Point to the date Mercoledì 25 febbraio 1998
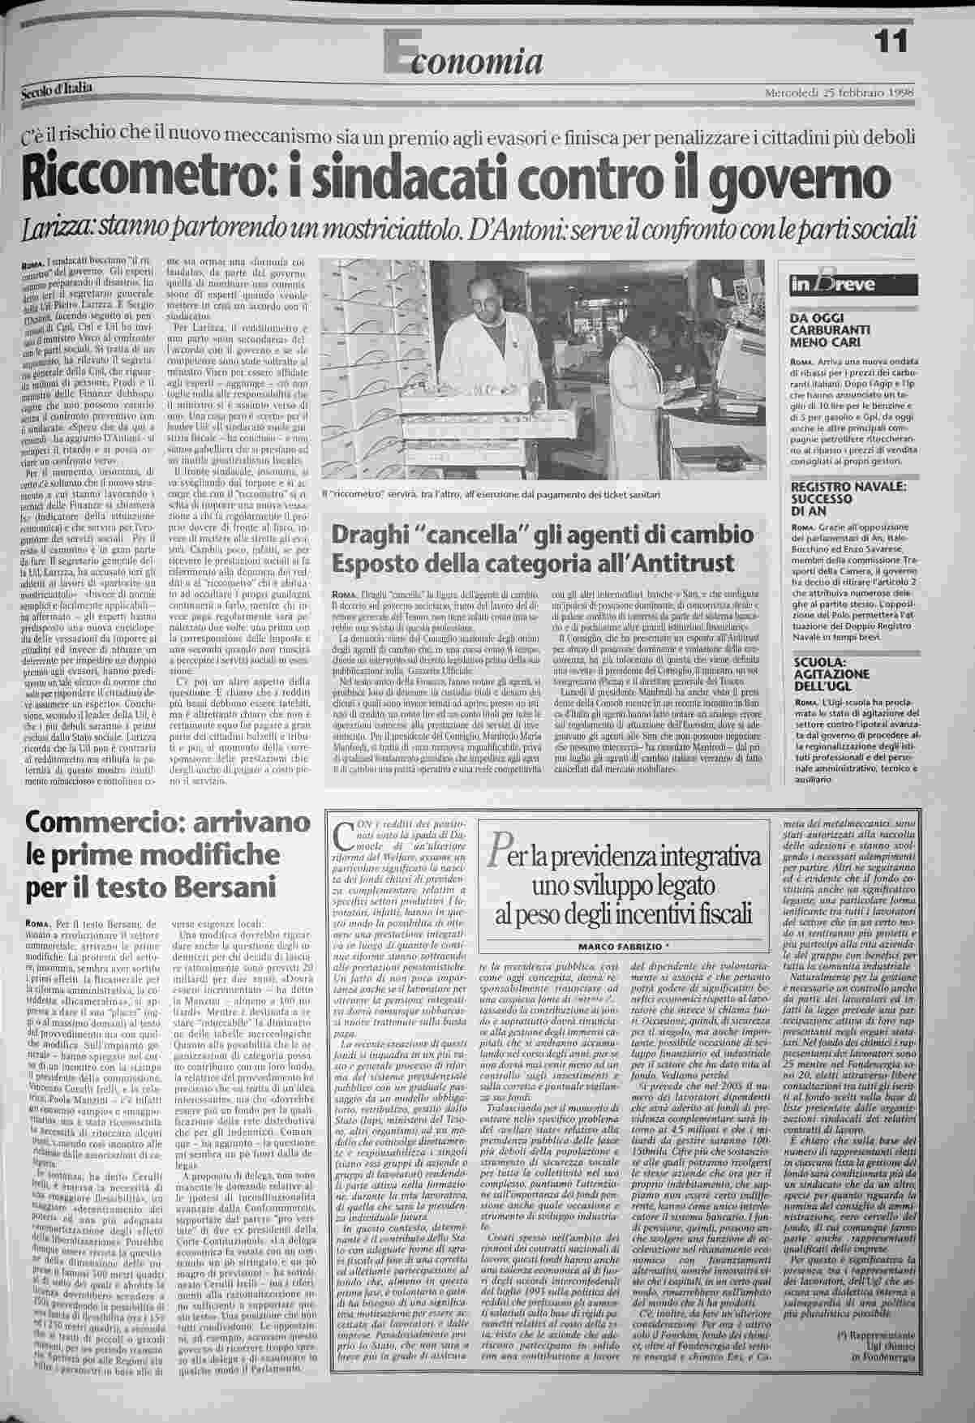click(x=840, y=92)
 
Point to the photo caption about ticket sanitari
click(x=496, y=494)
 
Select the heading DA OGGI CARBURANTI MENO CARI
click(x=830, y=330)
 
